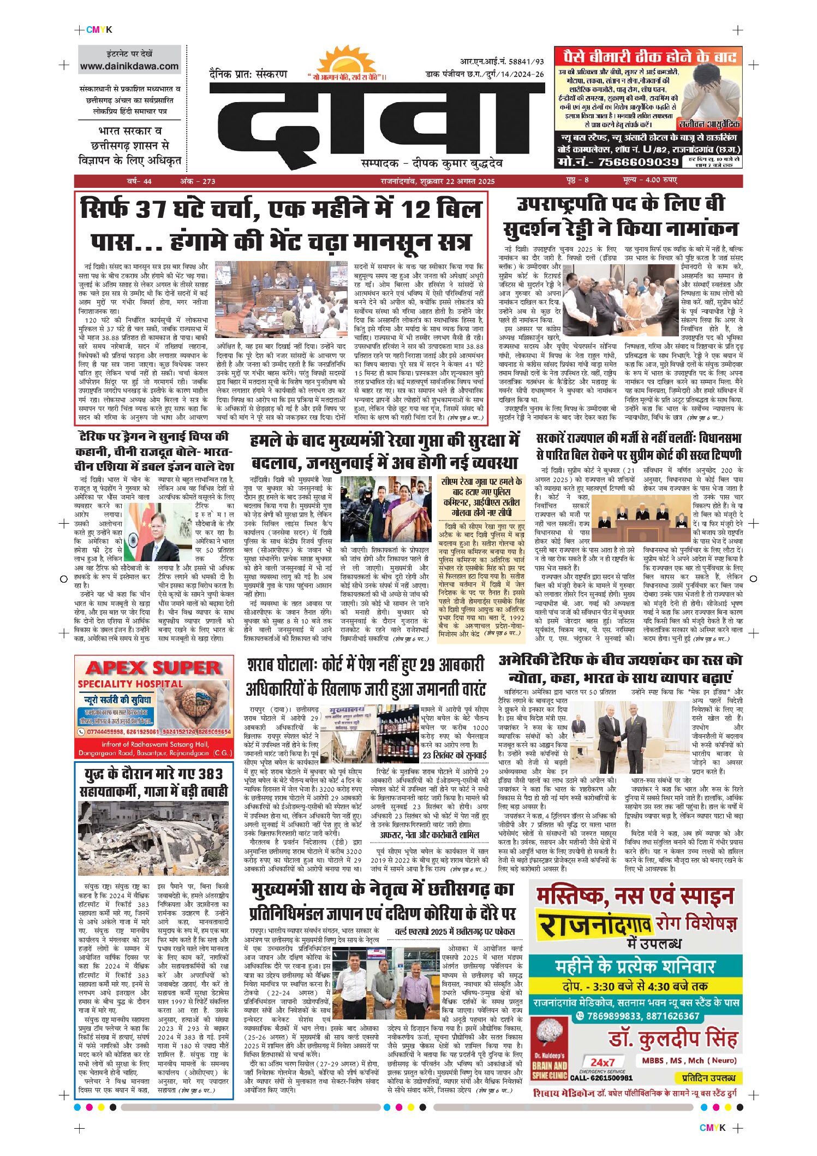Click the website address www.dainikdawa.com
[129, 66]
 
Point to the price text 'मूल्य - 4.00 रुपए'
[649, 180]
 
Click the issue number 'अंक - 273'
[198, 181]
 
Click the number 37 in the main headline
[151, 210]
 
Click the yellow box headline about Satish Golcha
[481, 497]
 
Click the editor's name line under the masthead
[431, 163]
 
